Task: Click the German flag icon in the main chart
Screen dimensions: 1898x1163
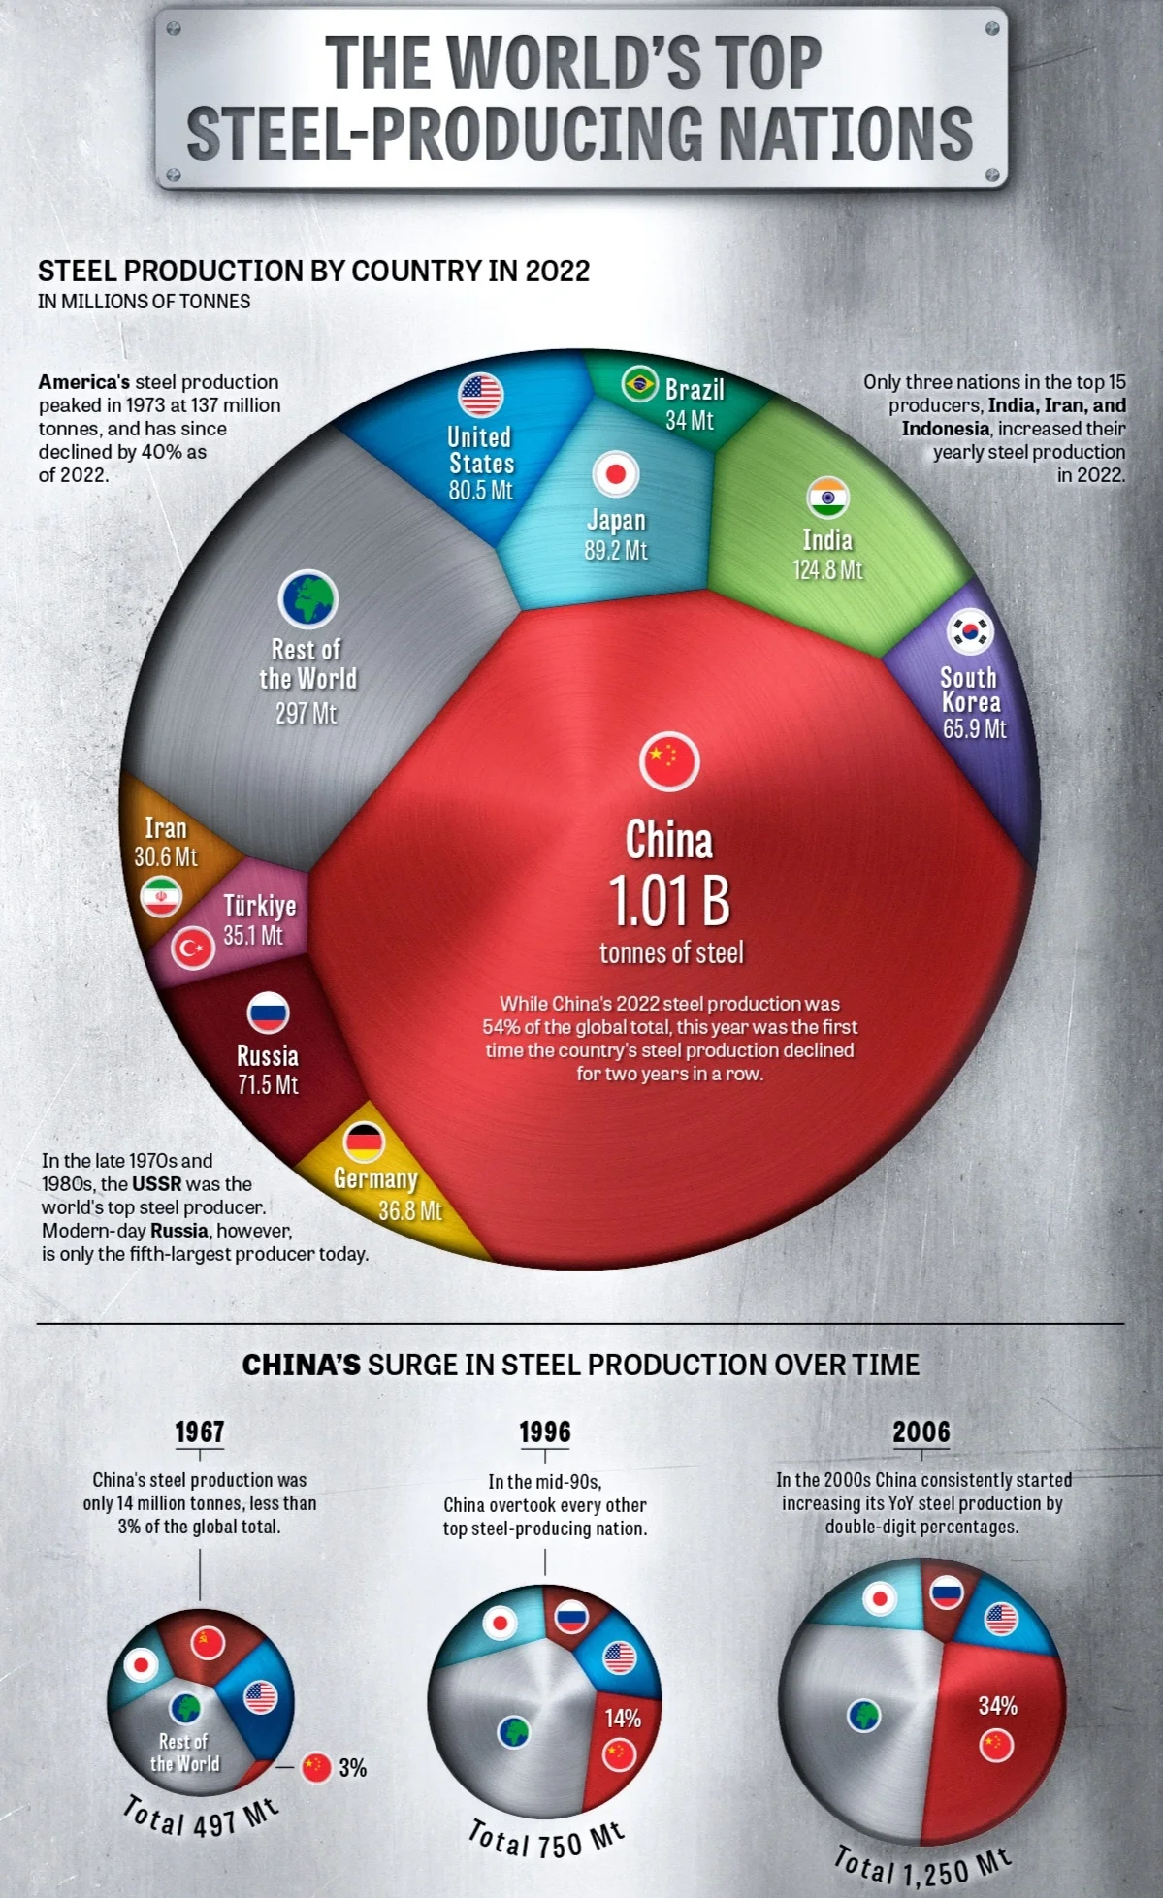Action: (x=365, y=1142)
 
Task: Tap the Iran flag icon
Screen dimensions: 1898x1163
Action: (x=161, y=897)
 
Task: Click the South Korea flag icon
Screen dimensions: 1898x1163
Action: (x=969, y=632)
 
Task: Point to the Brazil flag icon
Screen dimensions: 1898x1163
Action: (x=639, y=385)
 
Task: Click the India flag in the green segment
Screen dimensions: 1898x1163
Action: (x=827, y=498)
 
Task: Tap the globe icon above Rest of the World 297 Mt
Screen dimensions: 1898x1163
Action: (x=308, y=599)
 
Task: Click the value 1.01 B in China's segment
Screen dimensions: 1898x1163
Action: (x=669, y=901)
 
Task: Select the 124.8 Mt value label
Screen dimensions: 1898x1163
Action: (x=827, y=569)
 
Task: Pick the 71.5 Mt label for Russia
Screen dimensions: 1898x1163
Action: (x=268, y=1084)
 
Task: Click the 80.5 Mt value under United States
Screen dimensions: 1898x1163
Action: (x=480, y=490)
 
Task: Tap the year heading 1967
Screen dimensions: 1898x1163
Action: (x=199, y=1432)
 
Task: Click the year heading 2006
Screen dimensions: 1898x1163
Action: (x=921, y=1432)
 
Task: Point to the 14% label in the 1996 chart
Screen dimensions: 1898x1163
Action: (x=622, y=1719)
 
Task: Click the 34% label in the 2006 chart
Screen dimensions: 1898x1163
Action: (x=997, y=1706)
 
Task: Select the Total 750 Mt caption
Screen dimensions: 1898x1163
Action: (x=546, y=1838)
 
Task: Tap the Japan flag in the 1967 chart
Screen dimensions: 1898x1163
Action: (x=141, y=1666)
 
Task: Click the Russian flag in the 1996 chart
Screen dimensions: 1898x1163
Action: (x=571, y=1617)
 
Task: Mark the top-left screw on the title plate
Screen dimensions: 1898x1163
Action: (x=174, y=29)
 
